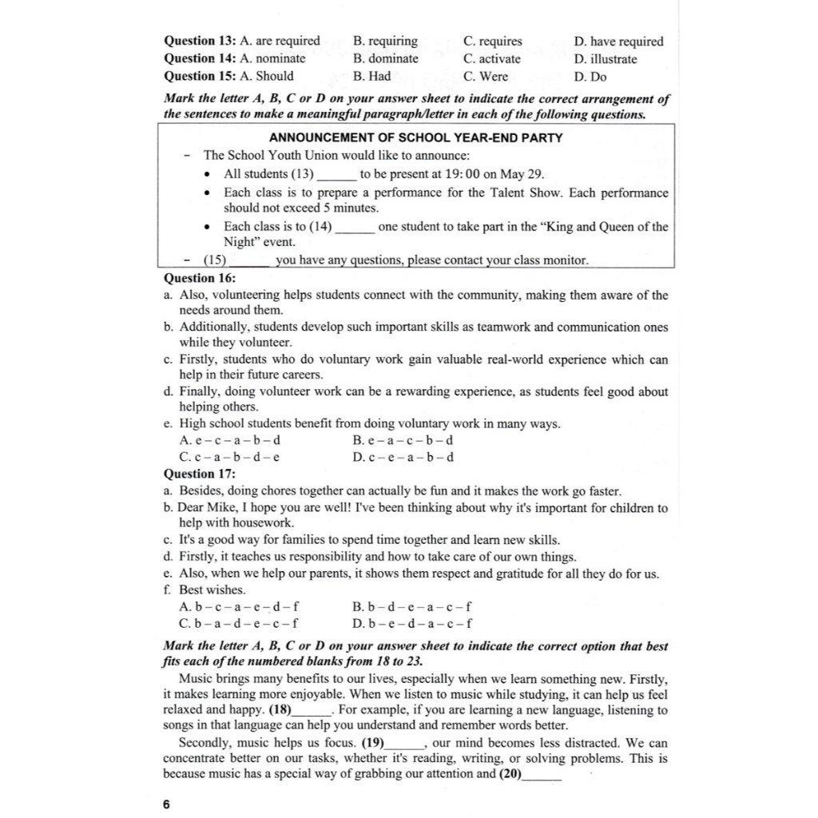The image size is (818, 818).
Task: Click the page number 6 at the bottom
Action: (166, 804)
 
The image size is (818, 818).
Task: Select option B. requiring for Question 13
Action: (385, 41)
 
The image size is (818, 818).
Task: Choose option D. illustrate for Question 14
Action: (605, 58)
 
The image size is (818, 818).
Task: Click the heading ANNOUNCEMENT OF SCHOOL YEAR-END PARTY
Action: (415, 137)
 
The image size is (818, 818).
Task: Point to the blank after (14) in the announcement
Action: (355, 228)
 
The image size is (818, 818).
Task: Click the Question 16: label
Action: (200, 277)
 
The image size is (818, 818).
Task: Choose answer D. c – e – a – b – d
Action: (403, 457)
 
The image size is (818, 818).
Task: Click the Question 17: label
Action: (200, 474)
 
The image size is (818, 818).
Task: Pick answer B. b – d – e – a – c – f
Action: (411, 606)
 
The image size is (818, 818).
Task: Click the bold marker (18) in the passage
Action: (280, 709)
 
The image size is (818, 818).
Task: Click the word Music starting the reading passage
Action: (194, 679)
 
